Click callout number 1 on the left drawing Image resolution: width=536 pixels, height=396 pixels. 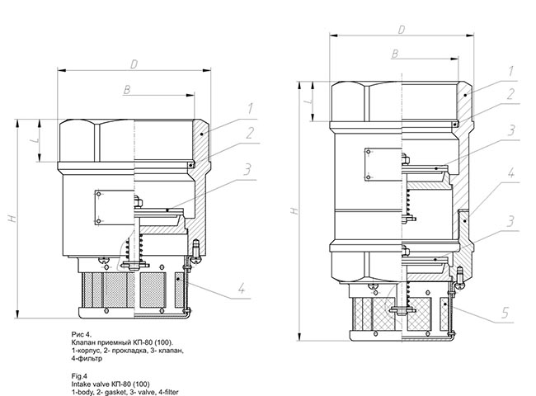(251, 108)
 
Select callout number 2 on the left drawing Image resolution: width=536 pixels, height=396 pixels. (250, 133)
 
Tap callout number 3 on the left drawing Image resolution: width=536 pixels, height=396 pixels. (247, 170)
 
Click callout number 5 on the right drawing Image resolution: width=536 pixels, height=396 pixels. (505, 313)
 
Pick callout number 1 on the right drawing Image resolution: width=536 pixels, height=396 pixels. (511, 71)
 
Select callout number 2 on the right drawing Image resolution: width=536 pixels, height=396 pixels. (510, 94)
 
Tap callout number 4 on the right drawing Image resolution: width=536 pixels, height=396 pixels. (510, 173)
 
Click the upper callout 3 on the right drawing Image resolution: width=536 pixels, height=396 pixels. (511, 130)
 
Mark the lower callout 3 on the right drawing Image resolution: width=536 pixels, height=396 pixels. (510, 221)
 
